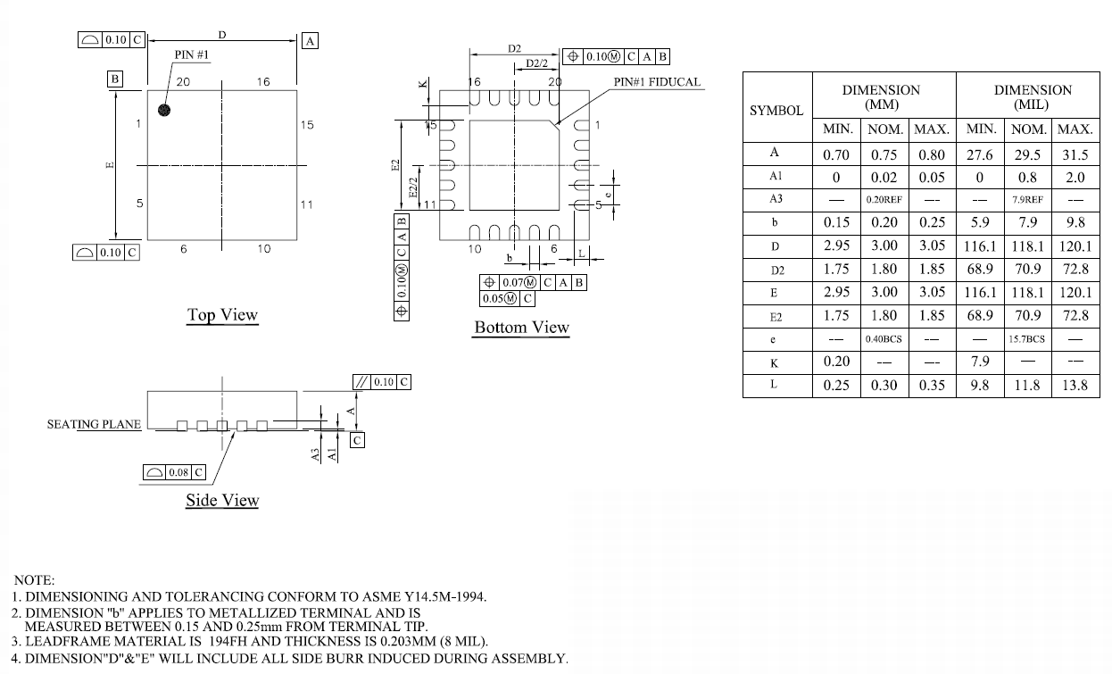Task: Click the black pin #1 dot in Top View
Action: pyautogui.click(x=164, y=110)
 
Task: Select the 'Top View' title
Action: pyautogui.click(x=222, y=315)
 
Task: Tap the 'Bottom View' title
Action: pyautogui.click(x=521, y=328)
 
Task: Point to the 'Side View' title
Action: pyautogui.click(x=222, y=500)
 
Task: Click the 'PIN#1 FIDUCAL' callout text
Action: pyautogui.click(x=657, y=82)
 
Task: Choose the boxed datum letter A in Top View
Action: pyautogui.click(x=310, y=41)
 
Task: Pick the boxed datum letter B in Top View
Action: pyautogui.click(x=115, y=79)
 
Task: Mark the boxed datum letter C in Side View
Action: pyautogui.click(x=357, y=441)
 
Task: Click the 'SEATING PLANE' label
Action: pyautogui.click(x=94, y=424)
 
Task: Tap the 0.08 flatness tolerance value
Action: pyautogui.click(x=178, y=472)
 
